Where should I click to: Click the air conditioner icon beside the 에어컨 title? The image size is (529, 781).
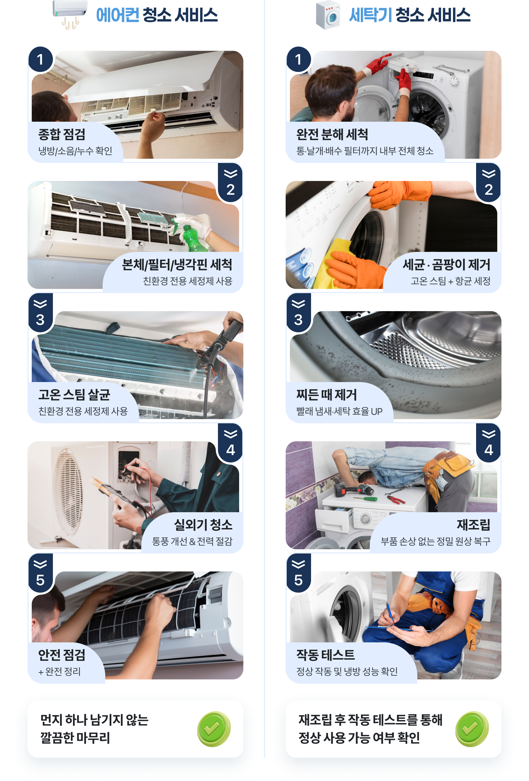70,14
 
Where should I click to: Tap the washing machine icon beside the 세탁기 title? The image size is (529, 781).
328,15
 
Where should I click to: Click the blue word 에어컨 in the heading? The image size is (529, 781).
117,15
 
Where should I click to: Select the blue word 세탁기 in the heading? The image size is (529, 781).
370,15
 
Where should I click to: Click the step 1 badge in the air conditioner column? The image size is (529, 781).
41,59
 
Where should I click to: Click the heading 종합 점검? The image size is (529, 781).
62,134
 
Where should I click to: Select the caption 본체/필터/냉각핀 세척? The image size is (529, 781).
177,265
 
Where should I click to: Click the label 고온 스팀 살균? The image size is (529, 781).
74,394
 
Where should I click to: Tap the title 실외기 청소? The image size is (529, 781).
203,525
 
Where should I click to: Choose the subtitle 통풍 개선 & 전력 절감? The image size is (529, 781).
192,541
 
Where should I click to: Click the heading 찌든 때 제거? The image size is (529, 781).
327,394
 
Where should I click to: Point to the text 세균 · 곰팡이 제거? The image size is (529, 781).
446,265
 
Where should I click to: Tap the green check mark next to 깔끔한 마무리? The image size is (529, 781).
214,729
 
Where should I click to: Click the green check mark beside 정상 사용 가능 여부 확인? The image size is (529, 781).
472,729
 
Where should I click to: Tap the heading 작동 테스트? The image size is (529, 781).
326,655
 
